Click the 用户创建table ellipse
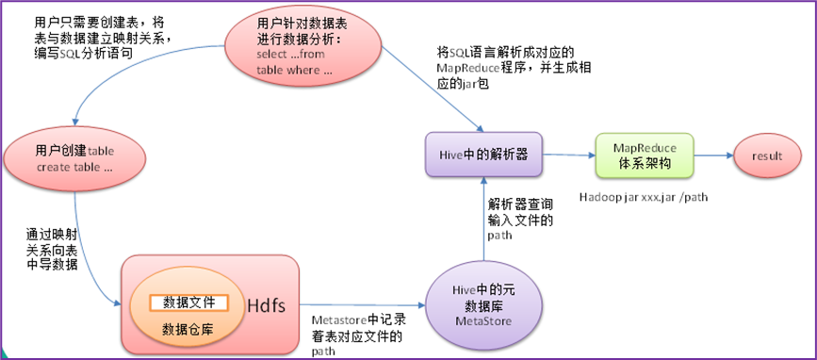74,157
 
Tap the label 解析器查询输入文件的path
520,219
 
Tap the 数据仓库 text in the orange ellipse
189,328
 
